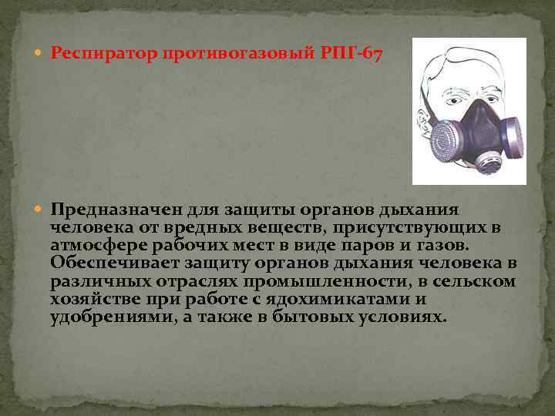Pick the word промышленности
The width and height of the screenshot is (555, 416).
click(x=292, y=281)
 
